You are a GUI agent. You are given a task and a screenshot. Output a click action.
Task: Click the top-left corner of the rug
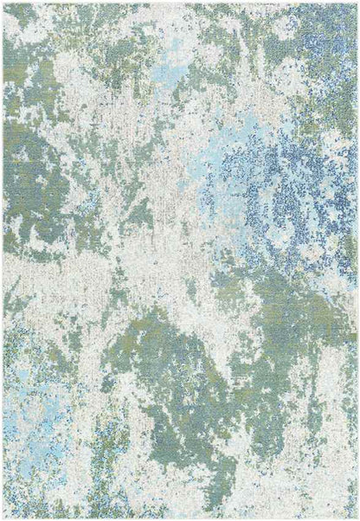point(3,3)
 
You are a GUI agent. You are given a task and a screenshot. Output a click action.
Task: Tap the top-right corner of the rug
point(357,3)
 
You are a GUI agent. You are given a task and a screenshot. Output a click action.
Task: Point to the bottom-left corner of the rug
point(3,518)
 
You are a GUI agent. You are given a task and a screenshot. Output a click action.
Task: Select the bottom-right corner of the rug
point(357,518)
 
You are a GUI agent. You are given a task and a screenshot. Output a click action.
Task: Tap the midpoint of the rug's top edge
point(180,3)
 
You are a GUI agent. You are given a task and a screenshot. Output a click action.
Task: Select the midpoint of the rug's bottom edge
point(180,518)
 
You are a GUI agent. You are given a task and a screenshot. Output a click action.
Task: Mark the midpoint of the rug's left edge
point(3,260)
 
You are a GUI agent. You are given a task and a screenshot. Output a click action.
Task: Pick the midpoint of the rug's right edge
point(357,260)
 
